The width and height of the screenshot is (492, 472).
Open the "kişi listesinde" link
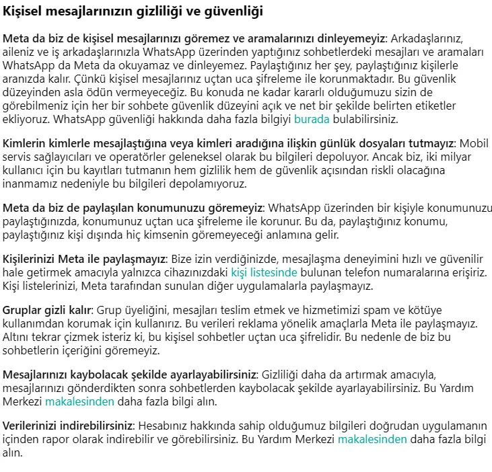pos(264,272)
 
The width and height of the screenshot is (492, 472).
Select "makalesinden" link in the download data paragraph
pos(372,439)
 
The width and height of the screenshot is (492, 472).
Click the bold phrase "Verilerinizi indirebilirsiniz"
pos(69,426)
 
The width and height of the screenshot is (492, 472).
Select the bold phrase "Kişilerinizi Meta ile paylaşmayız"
pos(85,259)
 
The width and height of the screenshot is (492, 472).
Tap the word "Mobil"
pos(473,143)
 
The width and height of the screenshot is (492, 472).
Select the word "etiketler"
pos(433,106)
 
